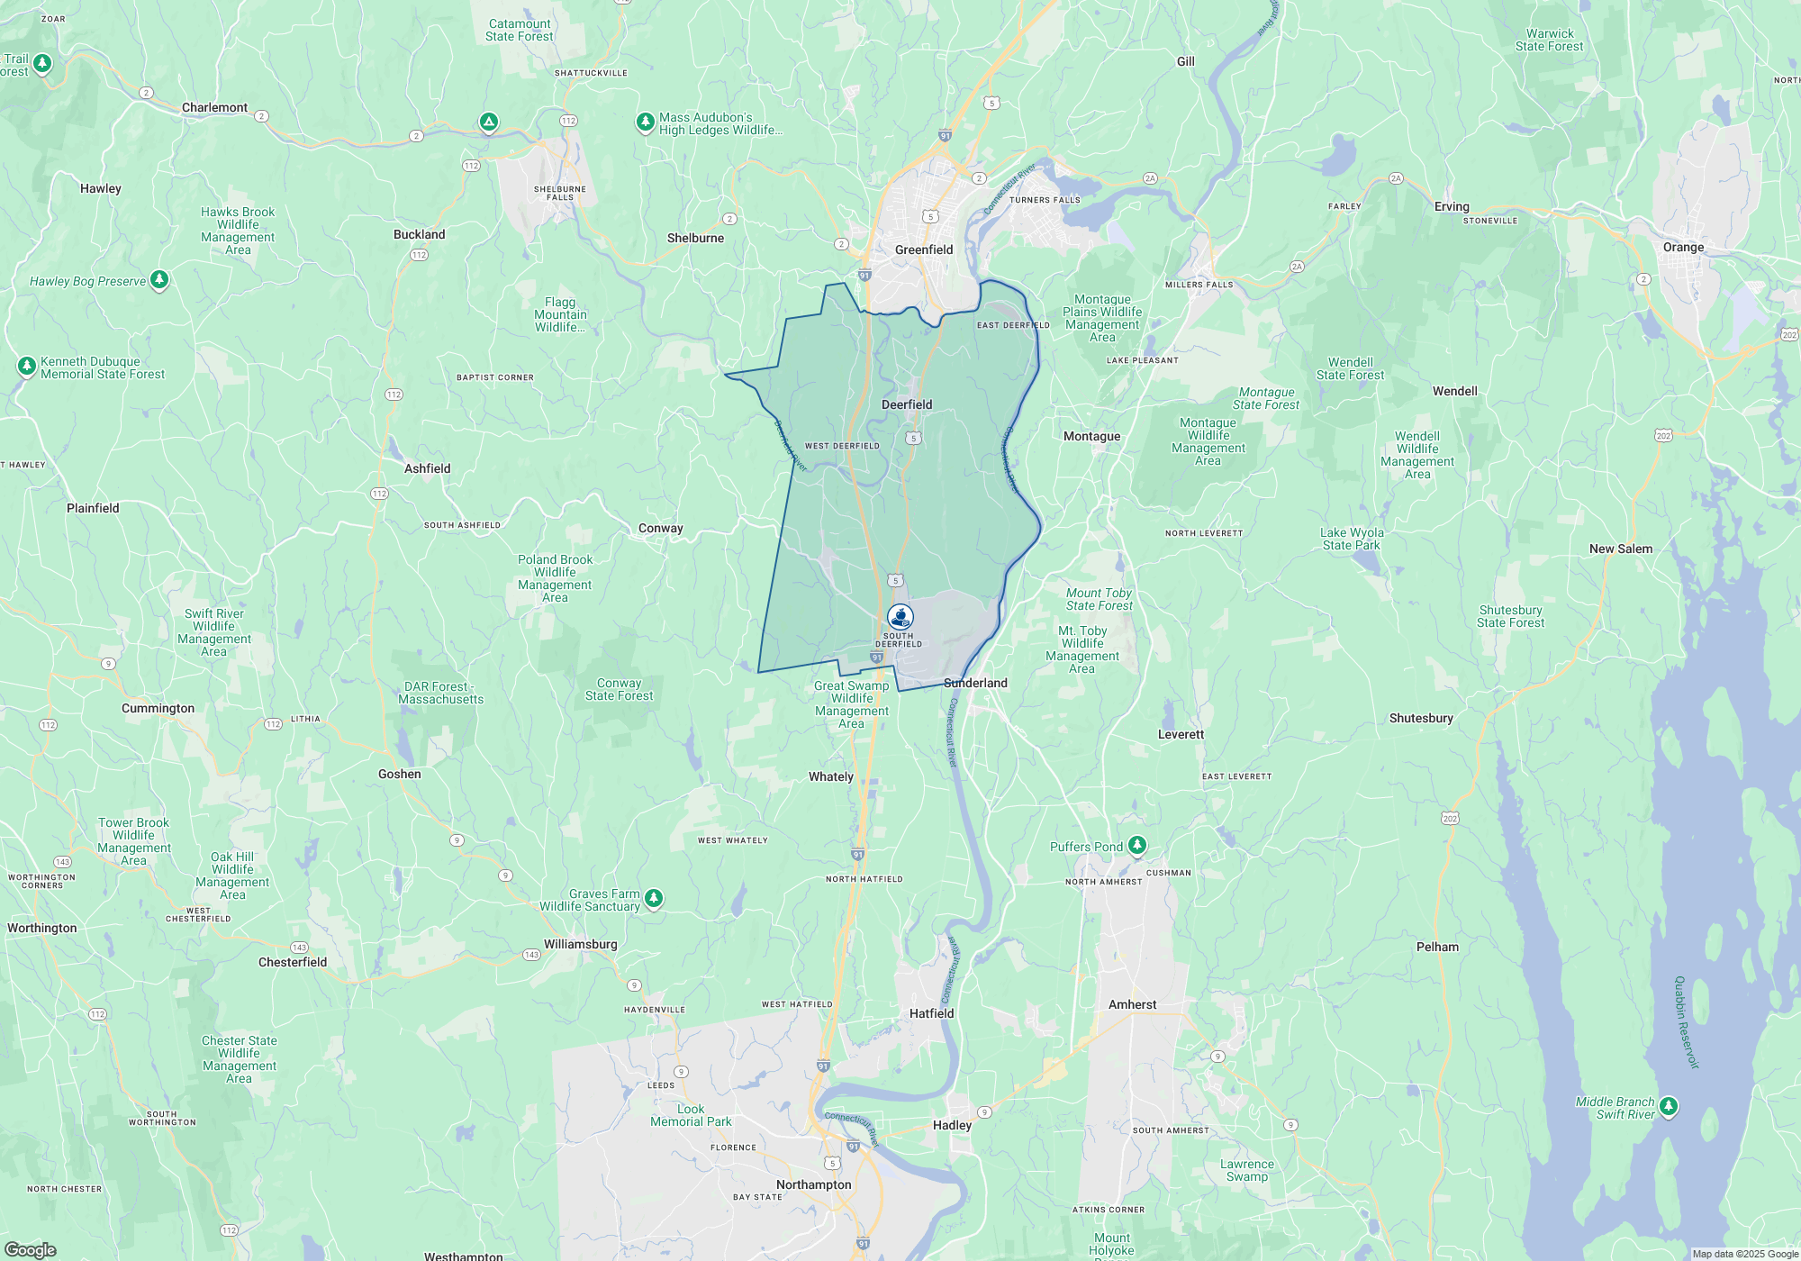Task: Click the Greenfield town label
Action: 923,249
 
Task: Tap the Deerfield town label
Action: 907,404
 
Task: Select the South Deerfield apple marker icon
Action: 900,617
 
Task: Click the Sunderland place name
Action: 975,683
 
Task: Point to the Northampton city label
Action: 813,1184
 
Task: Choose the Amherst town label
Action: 1132,1004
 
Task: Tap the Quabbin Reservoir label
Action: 1686,1022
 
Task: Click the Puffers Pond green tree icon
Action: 1137,845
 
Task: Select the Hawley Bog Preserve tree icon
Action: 159,280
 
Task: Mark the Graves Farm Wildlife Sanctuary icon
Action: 654,898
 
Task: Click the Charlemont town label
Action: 214,107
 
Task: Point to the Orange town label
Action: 1683,247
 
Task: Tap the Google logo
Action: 30,1249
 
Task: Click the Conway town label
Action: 660,528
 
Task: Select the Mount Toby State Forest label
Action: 1099,599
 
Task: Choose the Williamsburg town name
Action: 580,944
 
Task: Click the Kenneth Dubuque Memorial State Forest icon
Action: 27,366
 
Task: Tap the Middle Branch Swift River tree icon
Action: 1669,1105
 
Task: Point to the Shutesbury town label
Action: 1421,718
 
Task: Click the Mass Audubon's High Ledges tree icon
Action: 645,122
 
